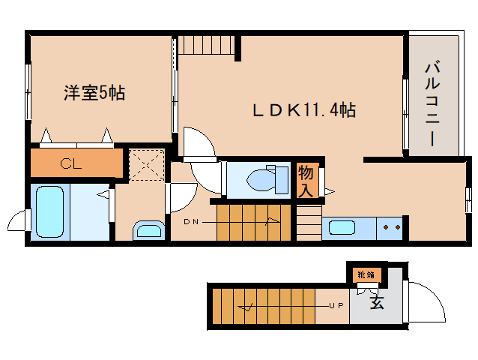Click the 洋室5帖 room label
94,93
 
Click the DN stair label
191,221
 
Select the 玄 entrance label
377,304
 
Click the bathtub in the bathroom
52,211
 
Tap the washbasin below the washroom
148,230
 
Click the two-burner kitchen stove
390,226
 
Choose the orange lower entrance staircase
262,305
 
